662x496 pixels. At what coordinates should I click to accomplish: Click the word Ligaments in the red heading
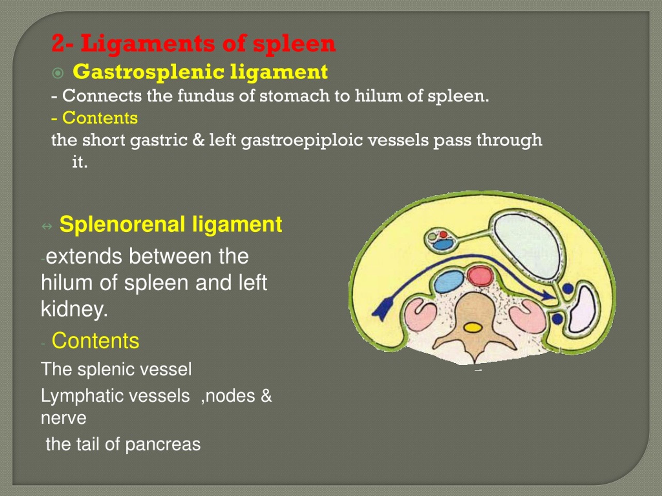pyautogui.click(x=148, y=44)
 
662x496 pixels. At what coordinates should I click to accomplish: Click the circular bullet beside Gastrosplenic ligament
pyautogui.click(x=58, y=73)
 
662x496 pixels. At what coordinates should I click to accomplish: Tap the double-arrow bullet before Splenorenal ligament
pyautogui.click(x=47, y=227)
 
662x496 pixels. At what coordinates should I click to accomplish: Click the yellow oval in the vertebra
pyautogui.click(x=472, y=328)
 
